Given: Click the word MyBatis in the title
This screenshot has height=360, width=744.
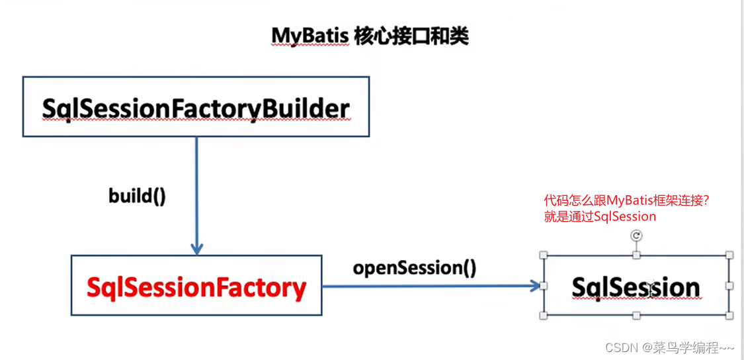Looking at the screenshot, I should point(310,36).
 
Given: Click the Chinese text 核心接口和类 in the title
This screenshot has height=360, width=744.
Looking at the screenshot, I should point(411,36).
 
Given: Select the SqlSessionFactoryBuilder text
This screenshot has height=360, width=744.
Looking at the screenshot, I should point(196,108).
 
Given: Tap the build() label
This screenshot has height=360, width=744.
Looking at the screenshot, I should point(137,197).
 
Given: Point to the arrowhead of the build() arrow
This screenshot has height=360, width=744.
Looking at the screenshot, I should point(196,249).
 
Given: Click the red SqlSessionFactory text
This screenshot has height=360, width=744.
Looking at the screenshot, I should point(196,287).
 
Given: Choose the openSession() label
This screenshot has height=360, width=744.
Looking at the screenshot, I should point(414,268).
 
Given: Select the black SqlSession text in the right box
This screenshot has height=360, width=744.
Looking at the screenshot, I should point(636,288).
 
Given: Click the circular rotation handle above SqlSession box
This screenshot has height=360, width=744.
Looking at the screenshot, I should point(636,236).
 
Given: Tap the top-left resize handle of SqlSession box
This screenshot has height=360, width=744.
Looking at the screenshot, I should point(544,255).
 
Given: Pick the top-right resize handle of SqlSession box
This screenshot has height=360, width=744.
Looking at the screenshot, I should point(729,255).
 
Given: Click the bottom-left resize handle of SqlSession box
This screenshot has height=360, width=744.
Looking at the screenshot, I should point(544,316).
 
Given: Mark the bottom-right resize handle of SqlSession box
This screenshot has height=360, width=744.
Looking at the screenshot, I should point(729,316).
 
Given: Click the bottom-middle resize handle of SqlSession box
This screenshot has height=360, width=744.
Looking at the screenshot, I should point(636,316).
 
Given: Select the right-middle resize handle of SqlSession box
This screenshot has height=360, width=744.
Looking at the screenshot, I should point(729,285).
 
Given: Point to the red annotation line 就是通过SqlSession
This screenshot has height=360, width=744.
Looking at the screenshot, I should point(600,216).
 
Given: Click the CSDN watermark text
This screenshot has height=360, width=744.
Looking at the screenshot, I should point(679,347).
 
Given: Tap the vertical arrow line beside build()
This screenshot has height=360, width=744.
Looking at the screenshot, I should point(196,192).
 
